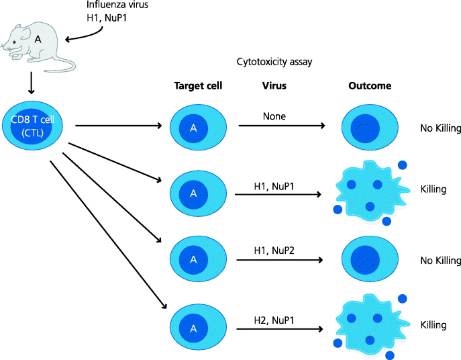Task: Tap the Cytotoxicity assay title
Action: tap(274, 62)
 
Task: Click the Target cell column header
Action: tap(198, 86)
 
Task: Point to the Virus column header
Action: tap(274, 86)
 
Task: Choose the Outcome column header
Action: tap(370, 86)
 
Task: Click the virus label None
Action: tap(274, 116)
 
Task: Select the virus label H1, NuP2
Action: tap(274, 251)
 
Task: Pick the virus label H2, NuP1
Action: tap(274, 320)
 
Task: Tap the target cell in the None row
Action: tap(193, 127)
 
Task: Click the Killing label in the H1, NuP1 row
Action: tap(433, 189)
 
